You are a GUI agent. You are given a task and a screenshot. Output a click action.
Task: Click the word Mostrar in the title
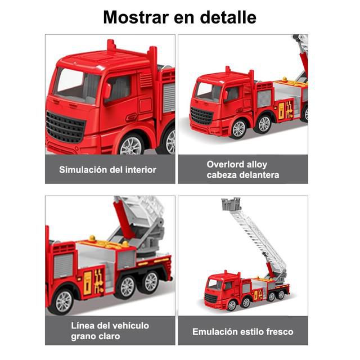(136, 17)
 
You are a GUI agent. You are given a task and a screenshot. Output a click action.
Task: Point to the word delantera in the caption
(259, 175)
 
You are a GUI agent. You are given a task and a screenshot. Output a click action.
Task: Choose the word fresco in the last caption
(280, 332)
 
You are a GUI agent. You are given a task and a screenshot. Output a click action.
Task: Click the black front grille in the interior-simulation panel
(65, 127)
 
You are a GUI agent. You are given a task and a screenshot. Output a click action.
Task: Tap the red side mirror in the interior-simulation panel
(107, 91)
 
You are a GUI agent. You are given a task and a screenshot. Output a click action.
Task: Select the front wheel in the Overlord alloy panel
(238, 129)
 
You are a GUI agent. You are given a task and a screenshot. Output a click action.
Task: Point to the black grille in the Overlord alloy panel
(201, 116)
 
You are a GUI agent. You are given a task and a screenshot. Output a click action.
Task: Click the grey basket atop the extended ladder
(231, 204)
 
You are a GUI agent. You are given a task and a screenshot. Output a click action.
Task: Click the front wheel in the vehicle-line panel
(63, 301)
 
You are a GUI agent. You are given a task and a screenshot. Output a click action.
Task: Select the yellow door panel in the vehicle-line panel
(88, 283)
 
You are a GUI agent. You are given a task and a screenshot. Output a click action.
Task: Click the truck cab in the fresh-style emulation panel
(218, 290)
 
